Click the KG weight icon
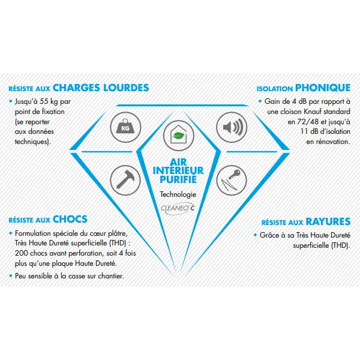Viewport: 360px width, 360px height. coord(124,127)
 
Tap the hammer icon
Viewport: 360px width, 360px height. coord(124,178)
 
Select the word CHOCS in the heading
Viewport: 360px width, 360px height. coord(70,219)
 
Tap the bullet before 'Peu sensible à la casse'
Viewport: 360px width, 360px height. coord(10,276)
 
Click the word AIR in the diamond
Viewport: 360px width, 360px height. coord(178,160)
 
